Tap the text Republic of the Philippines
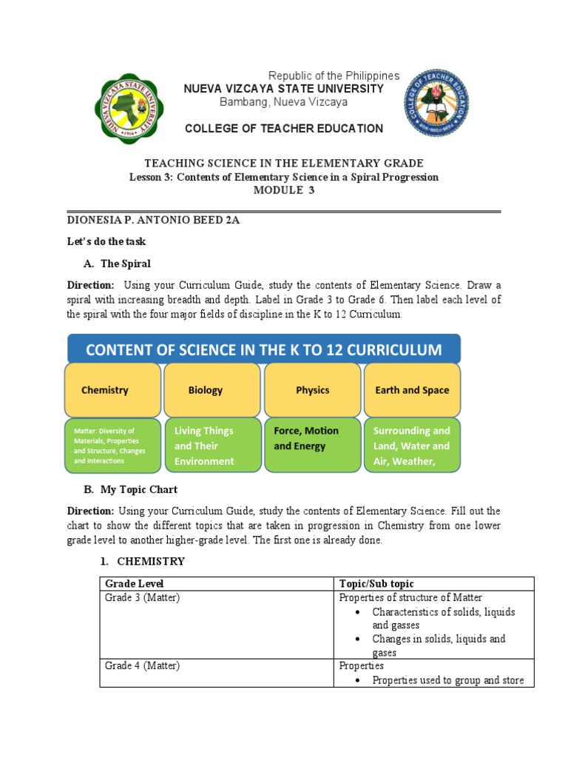[x=334, y=76]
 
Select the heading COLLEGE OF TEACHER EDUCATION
[x=284, y=129]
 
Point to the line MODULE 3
[x=284, y=190]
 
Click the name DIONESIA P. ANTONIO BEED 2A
[x=153, y=220]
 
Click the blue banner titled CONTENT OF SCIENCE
[x=264, y=349]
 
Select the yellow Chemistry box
[x=112, y=390]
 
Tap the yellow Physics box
[x=312, y=390]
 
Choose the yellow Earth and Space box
[x=412, y=390]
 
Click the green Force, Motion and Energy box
[x=312, y=445]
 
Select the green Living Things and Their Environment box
[x=212, y=446]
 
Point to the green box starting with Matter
[x=112, y=446]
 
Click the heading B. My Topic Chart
[x=132, y=489]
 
